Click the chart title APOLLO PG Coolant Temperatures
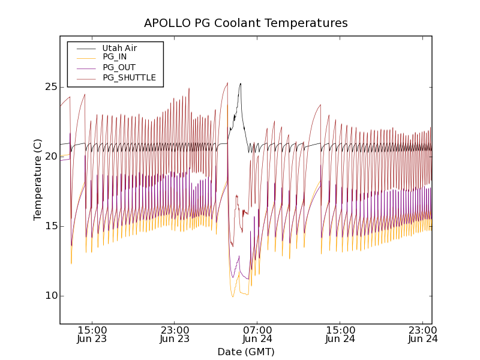pyautogui.click(x=245, y=23)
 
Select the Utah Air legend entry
pyautogui.click(x=119, y=48)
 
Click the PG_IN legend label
pyautogui.click(x=115, y=57)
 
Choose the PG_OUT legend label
pyautogui.click(x=119, y=67)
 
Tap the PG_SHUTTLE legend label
pyautogui.click(x=129, y=77)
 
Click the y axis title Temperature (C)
pyautogui.click(x=38, y=179)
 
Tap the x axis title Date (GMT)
pyautogui.click(x=245, y=352)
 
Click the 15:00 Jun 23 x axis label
pyautogui.click(x=92, y=334)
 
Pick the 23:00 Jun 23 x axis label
pyautogui.click(x=175, y=334)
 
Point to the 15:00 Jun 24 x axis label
pyautogui.click(x=340, y=334)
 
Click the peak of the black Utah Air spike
pyautogui.click(x=241, y=83)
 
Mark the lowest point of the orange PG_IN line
pyautogui.click(x=233, y=297)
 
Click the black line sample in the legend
pyautogui.click(x=86, y=48)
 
